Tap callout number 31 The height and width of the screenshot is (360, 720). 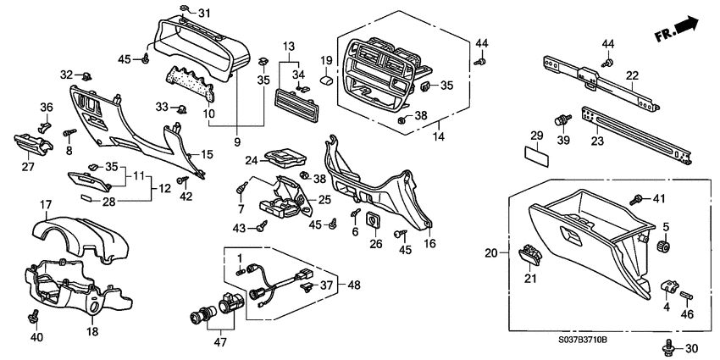203,14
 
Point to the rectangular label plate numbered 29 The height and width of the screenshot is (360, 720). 535,156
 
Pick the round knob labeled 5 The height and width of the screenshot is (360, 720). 664,246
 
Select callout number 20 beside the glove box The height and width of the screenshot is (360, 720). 490,252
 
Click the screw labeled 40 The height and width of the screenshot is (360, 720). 34,316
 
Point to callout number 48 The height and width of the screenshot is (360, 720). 353,285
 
